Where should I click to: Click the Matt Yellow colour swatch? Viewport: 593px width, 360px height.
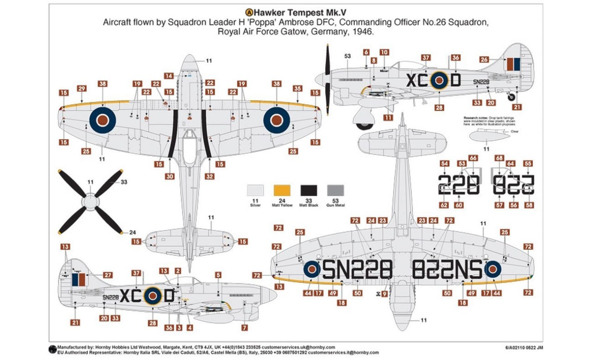click(x=282, y=190)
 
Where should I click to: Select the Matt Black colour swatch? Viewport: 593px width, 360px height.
click(x=309, y=190)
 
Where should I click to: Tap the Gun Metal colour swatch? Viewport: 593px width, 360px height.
click(x=336, y=190)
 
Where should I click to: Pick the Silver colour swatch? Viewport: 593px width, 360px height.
click(x=256, y=190)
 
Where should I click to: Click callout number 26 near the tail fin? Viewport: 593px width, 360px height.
click(x=484, y=59)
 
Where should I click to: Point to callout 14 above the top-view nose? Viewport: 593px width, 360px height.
click(x=170, y=76)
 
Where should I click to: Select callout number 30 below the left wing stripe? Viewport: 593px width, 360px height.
click(x=170, y=176)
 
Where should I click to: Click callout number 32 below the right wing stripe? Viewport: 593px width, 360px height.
click(x=210, y=176)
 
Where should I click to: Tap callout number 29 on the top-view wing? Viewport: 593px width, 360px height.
click(x=82, y=88)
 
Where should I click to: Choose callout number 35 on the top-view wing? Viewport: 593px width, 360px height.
click(x=298, y=88)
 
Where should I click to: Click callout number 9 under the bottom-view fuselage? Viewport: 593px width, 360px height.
click(x=385, y=293)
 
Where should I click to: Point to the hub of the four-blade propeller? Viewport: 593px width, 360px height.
click(x=90, y=202)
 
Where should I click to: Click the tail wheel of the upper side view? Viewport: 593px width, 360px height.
click(x=511, y=97)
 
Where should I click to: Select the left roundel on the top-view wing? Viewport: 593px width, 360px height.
click(x=102, y=120)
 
